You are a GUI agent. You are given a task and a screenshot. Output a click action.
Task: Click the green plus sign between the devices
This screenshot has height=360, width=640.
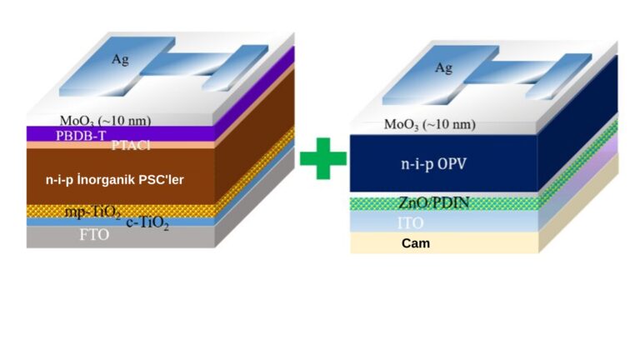tap(322, 158)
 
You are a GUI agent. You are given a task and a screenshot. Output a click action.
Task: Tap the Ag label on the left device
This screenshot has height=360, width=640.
tap(120, 60)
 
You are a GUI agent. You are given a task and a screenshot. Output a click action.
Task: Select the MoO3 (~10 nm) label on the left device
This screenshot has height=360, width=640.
tap(105, 120)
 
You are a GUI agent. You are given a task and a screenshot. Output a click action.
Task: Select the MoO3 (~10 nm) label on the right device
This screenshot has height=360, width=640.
tap(429, 124)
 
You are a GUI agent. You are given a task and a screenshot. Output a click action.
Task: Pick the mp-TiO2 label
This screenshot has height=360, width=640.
tap(92, 212)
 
